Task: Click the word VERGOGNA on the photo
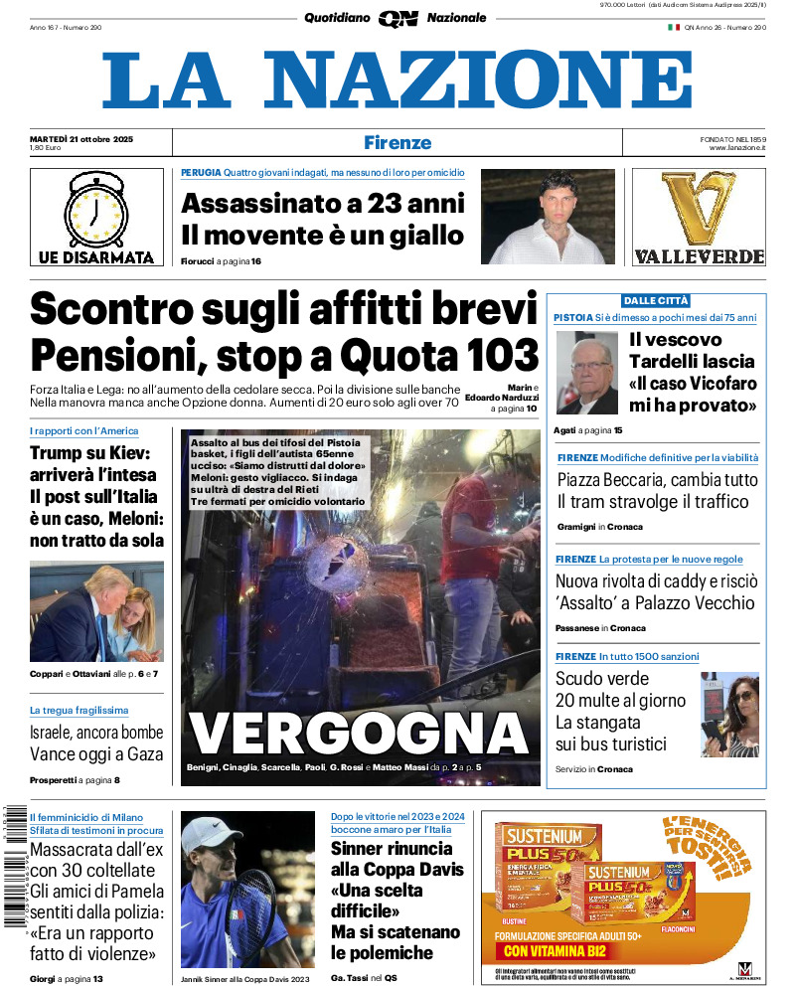pyautogui.click(x=359, y=734)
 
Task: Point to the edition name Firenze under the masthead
pyautogui.click(x=398, y=142)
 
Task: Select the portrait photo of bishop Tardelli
pyautogui.click(x=588, y=372)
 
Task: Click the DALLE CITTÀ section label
pyautogui.click(x=656, y=300)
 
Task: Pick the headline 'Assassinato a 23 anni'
pyautogui.click(x=323, y=204)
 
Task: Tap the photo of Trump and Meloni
pyautogui.click(x=96, y=611)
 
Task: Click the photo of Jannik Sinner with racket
pyautogui.click(x=246, y=890)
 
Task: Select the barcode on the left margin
pyautogui.click(x=13, y=865)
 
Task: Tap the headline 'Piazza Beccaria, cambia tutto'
pyautogui.click(x=657, y=479)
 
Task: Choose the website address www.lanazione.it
pyautogui.click(x=737, y=148)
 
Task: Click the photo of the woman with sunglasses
pyautogui.click(x=729, y=715)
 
